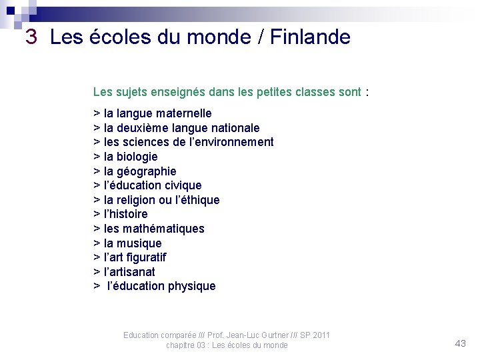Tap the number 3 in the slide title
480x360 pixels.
point(31,37)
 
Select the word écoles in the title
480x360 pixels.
point(113,37)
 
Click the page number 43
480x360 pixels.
point(460,343)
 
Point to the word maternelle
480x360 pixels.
point(181,113)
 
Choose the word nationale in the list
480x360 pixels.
point(235,127)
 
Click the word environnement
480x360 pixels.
point(231,142)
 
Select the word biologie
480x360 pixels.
point(137,157)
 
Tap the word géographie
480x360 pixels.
point(147,171)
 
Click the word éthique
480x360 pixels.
point(197,200)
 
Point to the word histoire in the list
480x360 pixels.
point(129,214)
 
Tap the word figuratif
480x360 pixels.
point(145,257)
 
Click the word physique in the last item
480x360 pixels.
point(192,286)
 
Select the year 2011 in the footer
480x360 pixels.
point(320,335)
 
